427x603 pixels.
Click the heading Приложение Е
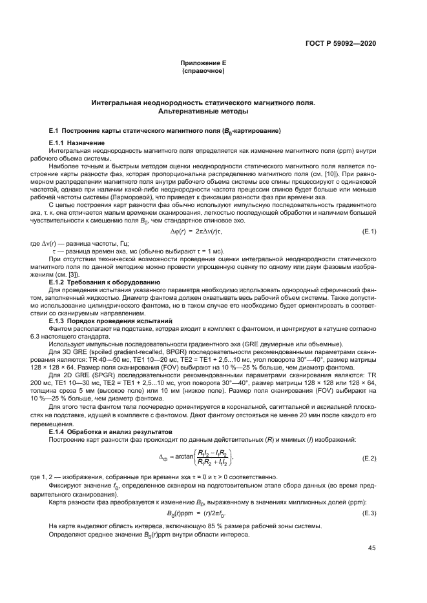[x=203, y=63]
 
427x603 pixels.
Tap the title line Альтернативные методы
[x=203, y=110]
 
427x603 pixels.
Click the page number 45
[x=372, y=548]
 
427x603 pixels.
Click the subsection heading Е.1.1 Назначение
[x=77, y=141]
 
